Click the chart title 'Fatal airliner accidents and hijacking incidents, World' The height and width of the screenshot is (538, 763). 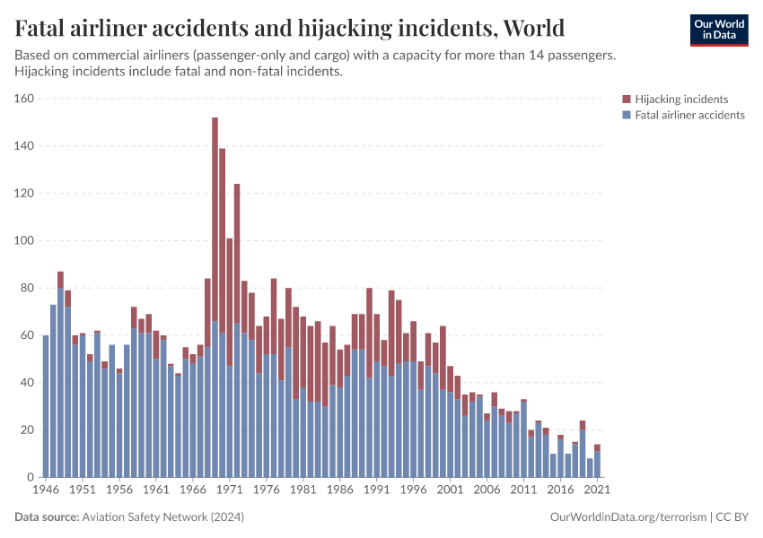290,28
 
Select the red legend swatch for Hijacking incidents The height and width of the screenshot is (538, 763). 627,99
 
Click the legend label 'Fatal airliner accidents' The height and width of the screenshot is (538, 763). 689,115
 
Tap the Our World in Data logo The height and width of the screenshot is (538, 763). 718,30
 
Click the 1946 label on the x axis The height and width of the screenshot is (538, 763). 46,490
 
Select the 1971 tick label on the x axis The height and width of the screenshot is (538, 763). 229,490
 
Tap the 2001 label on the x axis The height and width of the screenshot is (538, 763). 450,490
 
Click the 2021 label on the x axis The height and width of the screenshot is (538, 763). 597,490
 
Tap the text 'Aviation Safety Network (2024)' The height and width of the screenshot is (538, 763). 162,517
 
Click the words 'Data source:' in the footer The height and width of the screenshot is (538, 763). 47,517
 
